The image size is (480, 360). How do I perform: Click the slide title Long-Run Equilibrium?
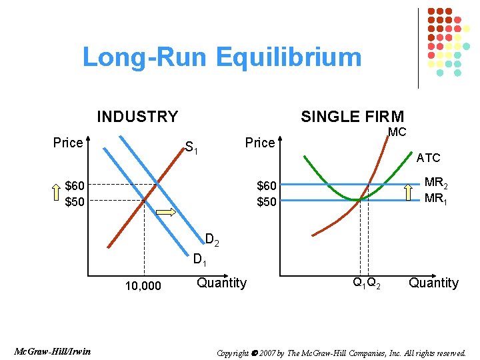pos(221,57)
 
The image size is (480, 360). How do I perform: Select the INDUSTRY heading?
pos(137,117)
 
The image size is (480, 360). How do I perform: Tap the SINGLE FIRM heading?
pos(352,117)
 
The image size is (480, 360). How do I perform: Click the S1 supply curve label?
pos(193,146)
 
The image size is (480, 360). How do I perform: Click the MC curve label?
pos(397,132)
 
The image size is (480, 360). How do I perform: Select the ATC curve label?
pos(428,158)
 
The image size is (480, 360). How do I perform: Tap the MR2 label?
pos(436,183)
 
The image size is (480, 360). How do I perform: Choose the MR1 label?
pos(435,198)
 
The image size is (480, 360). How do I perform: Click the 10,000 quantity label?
pos(143,286)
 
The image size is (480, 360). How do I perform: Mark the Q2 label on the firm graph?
pos(375,282)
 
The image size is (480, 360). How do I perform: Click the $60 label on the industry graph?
pos(75,185)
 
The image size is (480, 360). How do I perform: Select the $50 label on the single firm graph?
pos(267,201)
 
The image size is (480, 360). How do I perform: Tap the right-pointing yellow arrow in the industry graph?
pos(166,213)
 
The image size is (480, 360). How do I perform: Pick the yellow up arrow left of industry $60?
pos(57,193)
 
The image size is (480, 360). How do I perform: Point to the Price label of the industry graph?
pos(68,143)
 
